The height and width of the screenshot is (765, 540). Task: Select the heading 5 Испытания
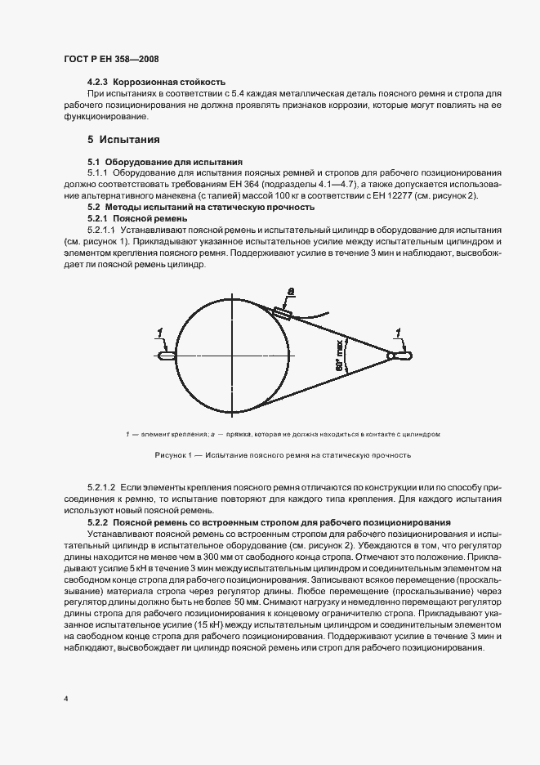tap(123, 140)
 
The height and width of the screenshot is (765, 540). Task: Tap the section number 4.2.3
tap(98, 83)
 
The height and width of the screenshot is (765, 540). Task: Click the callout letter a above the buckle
tap(292, 289)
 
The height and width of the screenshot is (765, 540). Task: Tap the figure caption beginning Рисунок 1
tap(281, 455)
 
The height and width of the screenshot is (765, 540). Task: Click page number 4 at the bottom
tap(65, 700)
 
